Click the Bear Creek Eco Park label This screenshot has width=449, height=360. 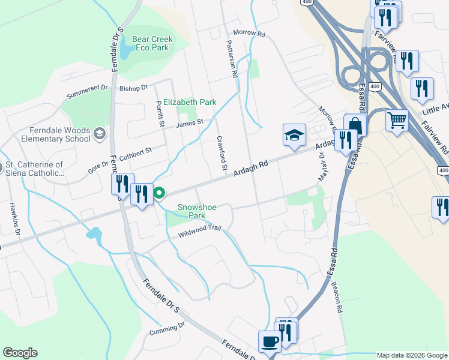[152, 43]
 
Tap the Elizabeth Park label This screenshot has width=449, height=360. [190, 102]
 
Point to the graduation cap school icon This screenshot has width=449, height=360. [295, 135]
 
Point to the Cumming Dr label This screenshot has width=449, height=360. [167, 329]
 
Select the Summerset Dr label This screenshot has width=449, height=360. [87, 91]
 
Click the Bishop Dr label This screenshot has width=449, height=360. [133, 88]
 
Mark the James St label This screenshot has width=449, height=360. [190, 123]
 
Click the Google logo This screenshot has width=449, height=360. [20, 353]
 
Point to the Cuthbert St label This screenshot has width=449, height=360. [130, 151]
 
